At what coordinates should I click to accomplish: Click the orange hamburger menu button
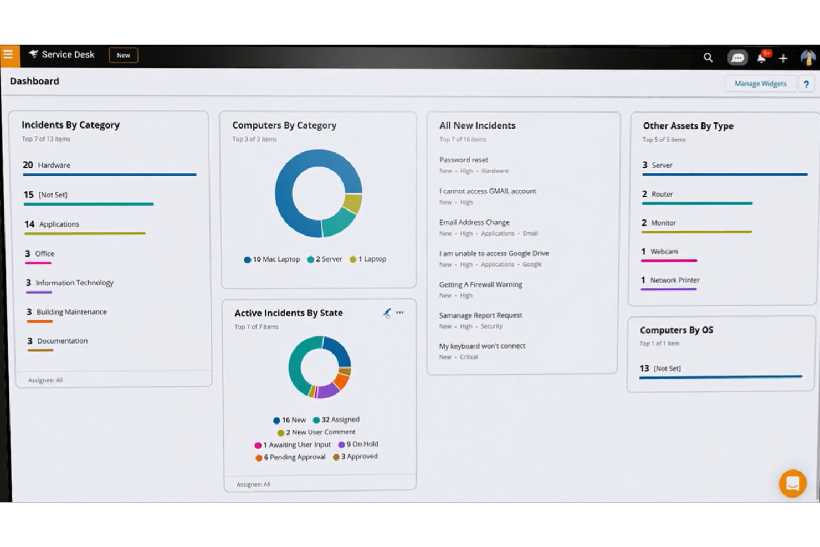click(x=8, y=55)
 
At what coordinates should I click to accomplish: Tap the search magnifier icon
click(x=708, y=58)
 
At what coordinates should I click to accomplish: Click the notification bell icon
click(x=762, y=58)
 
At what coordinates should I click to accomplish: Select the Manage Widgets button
click(x=760, y=84)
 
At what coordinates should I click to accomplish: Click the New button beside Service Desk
click(x=123, y=55)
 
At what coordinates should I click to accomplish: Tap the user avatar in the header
click(x=807, y=58)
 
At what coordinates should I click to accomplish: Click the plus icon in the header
click(x=783, y=58)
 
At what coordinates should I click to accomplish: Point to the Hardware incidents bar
click(x=109, y=175)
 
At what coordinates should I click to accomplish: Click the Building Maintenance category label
click(x=71, y=312)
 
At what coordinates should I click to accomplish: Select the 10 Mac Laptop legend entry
click(x=272, y=259)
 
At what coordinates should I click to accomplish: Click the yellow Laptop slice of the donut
click(x=352, y=203)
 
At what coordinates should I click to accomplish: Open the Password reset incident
click(x=464, y=160)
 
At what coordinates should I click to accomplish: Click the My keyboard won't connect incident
click(x=482, y=346)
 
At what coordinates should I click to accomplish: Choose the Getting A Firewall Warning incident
click(x=480, y=284)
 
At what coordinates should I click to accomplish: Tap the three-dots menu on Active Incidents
click(x=400, y=313)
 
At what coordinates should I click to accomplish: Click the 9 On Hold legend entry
click(x=358, y=444)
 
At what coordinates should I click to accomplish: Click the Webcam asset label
click(x=664, y=252)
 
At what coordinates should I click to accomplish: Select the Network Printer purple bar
click(x=668, y=289)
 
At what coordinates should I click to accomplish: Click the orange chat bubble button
click(x=792, y=484)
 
